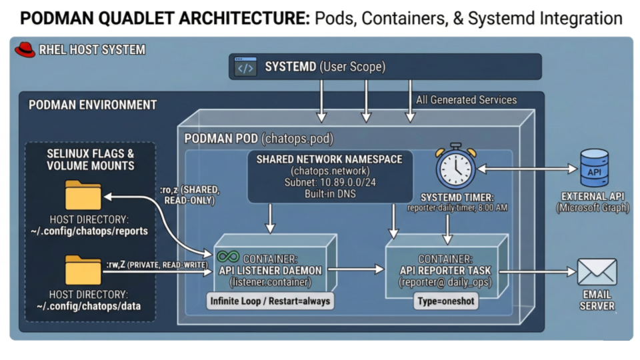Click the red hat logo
click(x=26, y=49)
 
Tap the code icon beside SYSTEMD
click(x=245, y=67)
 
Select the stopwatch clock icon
click(x=455, y=167)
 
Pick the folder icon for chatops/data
click(x=83, y=270)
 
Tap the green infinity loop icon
click(x=229, y=257)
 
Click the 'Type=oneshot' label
click(x=445, y=301)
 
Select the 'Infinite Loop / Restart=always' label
click(x=271, y=301)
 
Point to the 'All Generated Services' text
click(x=466, y=100)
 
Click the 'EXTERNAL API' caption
click(x=593, y=197)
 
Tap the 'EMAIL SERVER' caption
click(x=596, y=301)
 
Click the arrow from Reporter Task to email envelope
click(x=537, y=271)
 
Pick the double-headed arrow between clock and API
click(x=527, y=169)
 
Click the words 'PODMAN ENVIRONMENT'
click(x=93, y=105)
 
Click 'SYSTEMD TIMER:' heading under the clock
click(x=457, y=198)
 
